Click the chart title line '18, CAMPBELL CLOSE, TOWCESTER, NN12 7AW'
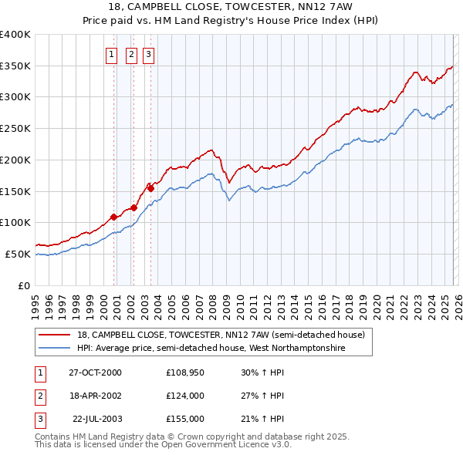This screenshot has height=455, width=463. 231,7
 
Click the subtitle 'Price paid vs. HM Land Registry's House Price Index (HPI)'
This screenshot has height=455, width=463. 231,20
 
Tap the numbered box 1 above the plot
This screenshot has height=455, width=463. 113,54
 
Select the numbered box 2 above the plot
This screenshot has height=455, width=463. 131,54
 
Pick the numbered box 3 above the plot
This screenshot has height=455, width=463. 148,54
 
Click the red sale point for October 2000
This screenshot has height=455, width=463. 114,217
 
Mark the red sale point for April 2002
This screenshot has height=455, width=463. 133,207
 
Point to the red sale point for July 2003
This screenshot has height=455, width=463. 151,188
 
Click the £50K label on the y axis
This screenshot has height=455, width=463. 18,254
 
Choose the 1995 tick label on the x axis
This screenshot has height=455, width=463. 35,302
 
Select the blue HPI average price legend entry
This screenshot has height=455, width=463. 211,349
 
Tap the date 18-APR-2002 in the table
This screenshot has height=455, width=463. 95,396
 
